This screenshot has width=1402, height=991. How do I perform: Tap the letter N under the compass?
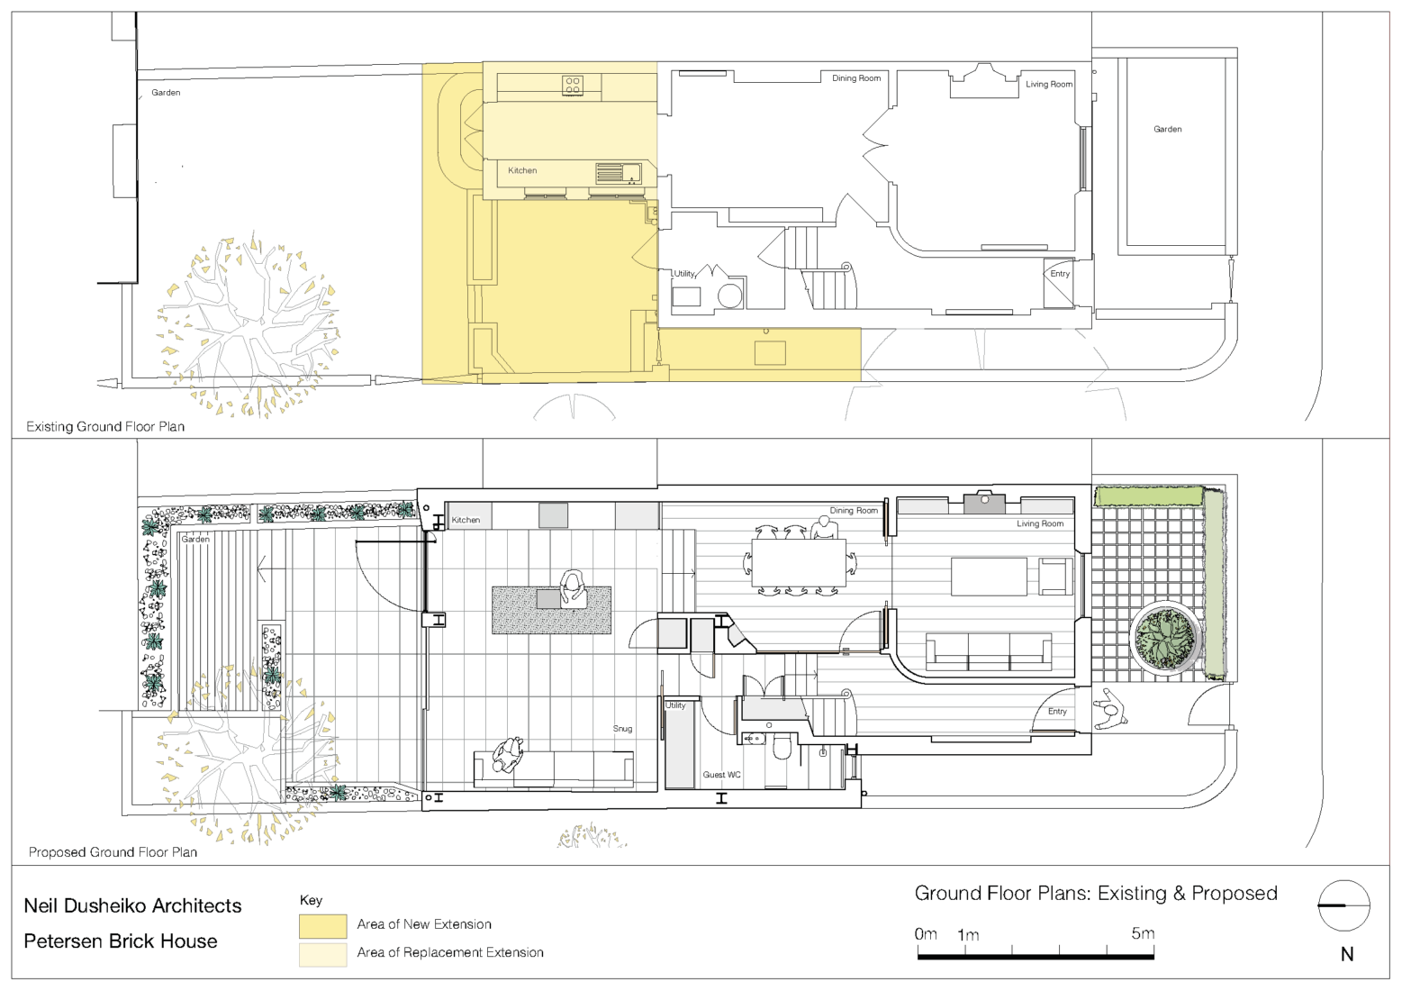1347,955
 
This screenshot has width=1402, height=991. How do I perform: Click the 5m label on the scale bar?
1143,933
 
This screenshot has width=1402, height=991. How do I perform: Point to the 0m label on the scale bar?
926,934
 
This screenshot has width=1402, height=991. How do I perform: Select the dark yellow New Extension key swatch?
322,926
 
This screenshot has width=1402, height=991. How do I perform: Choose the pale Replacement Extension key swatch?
322,955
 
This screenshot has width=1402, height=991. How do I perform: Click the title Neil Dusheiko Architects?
132,905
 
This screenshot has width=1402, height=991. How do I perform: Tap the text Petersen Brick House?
121,941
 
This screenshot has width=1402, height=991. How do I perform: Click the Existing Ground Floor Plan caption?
105,426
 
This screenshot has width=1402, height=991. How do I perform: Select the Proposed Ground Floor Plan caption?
113,852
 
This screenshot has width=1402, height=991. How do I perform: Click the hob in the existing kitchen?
572,85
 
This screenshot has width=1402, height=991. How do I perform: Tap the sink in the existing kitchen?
618,173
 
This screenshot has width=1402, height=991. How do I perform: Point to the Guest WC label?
721,775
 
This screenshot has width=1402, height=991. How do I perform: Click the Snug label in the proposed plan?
622,729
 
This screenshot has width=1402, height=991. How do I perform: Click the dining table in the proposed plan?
800,562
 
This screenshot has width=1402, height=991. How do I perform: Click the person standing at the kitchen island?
572,588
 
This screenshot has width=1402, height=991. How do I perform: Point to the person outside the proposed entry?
1109,709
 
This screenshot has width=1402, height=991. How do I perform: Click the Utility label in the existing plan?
684,274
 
